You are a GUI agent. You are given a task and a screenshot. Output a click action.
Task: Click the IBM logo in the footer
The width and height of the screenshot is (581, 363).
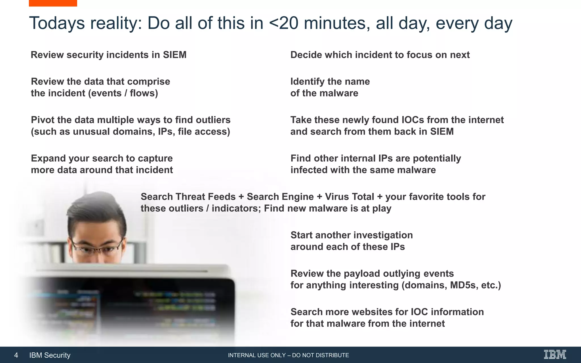click(x=555, y=354)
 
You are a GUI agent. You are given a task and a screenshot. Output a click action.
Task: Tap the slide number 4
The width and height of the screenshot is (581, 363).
click(x=16, y=355)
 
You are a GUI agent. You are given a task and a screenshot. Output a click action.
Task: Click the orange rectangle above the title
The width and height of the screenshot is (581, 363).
click(x=53, y=3)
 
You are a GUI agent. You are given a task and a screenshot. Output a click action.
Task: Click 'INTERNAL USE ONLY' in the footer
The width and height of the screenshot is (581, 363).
click(x=257, y=355)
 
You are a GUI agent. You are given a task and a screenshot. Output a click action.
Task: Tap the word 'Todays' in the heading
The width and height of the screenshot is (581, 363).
click(x=57, y=23)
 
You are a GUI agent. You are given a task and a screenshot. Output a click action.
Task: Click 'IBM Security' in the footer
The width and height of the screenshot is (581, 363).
click(x=50, y=355)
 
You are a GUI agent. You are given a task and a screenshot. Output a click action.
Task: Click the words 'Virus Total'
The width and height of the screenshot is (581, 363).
click(x=350, y=197)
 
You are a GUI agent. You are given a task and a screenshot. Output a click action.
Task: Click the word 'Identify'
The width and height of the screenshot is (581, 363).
click(x=308, y=82)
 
